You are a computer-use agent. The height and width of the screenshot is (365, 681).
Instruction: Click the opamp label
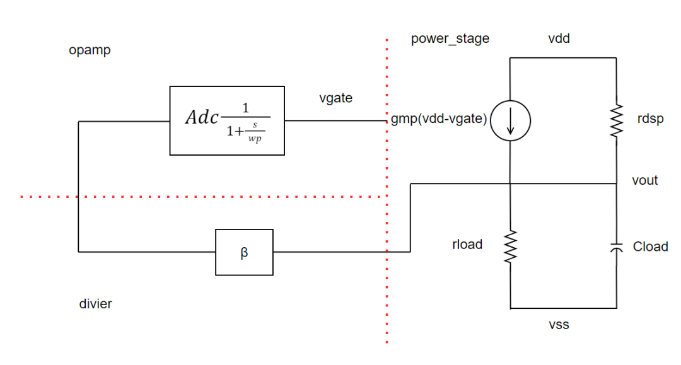90,50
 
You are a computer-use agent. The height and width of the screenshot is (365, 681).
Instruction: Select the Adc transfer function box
226,120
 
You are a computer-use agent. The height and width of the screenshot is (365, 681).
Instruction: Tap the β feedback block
244,252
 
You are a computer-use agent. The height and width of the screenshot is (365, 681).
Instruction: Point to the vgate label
336,98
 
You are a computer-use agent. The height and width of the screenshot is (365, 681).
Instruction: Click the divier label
95,304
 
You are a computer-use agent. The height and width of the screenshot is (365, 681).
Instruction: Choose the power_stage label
450,38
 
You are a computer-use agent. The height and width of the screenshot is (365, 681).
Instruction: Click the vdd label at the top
559,38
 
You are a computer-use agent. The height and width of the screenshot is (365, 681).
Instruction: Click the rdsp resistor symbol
616,120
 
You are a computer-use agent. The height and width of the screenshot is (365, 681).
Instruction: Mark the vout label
644,180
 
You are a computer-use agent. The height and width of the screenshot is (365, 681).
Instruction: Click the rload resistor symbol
509,246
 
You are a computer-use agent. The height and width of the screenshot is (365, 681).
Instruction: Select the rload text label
467,244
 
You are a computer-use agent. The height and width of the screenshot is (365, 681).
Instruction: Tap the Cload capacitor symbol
616,247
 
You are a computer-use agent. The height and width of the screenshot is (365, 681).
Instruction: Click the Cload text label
650,246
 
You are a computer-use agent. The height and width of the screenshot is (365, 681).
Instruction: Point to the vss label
559,325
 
